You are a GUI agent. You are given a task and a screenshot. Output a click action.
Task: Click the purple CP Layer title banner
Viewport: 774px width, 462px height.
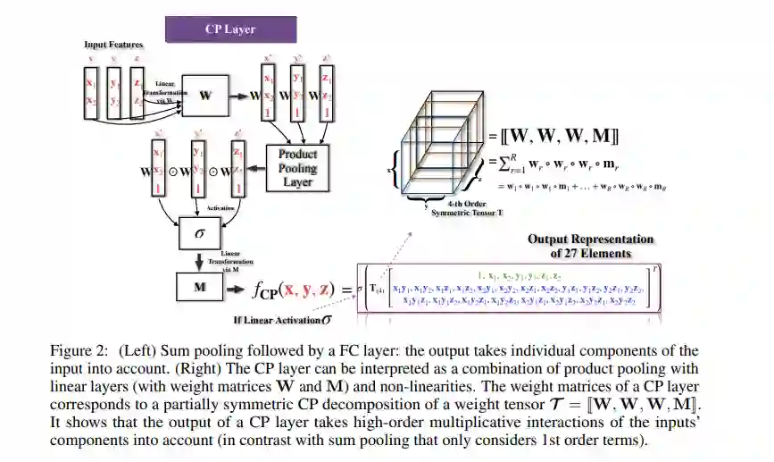click(229, 29)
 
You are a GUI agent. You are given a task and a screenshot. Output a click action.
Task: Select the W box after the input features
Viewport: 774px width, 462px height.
click(205, 94)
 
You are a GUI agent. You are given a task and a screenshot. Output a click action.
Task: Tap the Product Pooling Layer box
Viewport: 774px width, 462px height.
click(297, 166)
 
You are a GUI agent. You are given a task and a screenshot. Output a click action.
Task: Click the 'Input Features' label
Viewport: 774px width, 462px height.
click(113, 45)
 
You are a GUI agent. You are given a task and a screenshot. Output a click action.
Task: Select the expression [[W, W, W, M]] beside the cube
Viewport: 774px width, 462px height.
click(555, 137)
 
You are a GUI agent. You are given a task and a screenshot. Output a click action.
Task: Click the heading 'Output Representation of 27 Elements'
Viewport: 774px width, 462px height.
click(590, 246)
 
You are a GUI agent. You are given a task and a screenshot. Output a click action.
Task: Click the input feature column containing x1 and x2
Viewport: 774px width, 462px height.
click(90, 93)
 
